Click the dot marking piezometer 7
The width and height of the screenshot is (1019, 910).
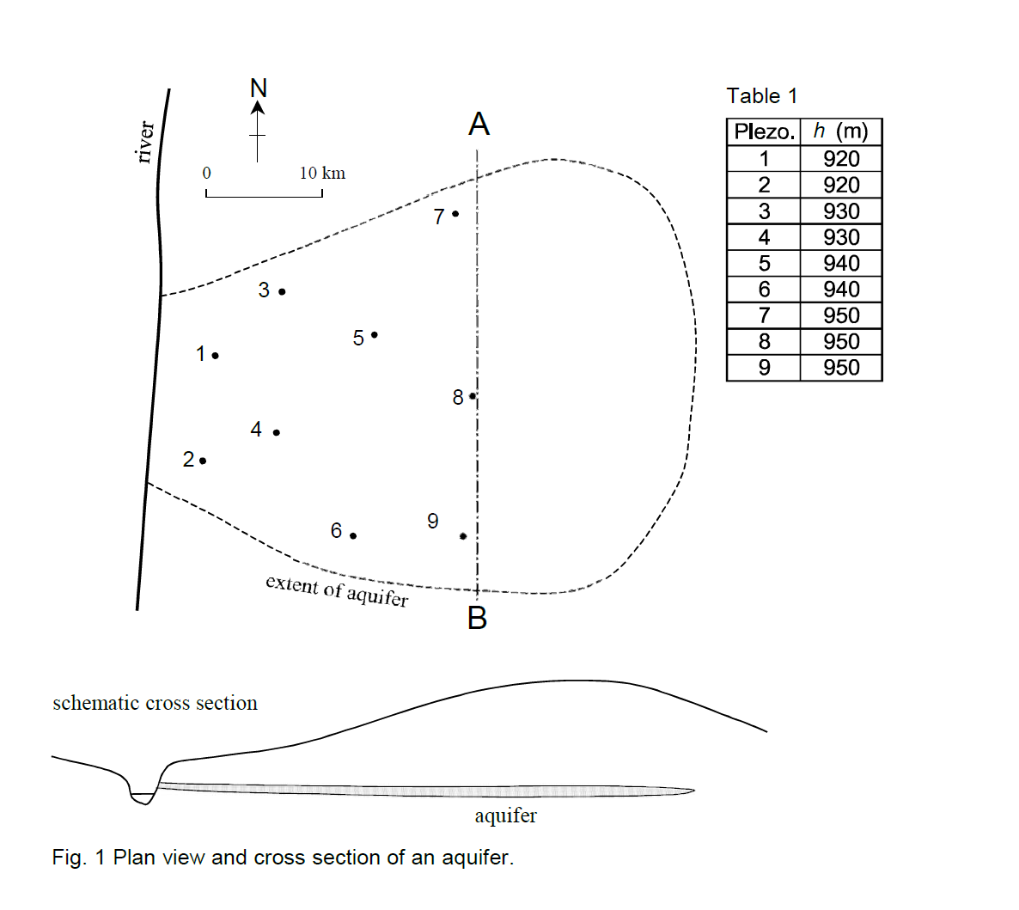click(455, 214)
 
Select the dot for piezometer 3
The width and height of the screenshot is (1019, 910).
click(282, 292)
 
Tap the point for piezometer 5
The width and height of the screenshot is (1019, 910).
click(375, 335)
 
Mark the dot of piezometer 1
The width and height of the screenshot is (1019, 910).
click(215, 356)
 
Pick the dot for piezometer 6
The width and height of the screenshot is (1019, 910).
click(353, 536)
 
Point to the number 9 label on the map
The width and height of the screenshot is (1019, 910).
click(432, 522)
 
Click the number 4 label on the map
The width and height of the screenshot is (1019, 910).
click(256, 430)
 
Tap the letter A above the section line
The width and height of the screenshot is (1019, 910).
click(479, 125)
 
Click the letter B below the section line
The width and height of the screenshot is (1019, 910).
click(477, 618)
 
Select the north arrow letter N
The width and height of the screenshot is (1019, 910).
click(258, 89)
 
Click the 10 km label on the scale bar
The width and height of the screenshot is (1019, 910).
click(322, 174)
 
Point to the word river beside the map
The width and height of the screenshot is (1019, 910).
click(145, 142)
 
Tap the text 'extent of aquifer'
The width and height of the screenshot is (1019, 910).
click(337, 590)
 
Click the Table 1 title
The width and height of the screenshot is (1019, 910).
click(761, 96)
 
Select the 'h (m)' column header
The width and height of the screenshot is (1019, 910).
click(840, 132)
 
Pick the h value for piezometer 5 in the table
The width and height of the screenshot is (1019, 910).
click(840, 264)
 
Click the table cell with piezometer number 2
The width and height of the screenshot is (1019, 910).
click(763, 186)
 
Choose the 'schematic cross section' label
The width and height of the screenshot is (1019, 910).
click(155, 703)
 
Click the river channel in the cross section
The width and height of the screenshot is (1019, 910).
click(142, 796)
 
